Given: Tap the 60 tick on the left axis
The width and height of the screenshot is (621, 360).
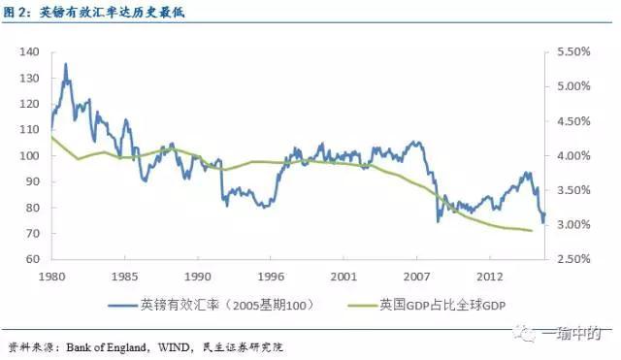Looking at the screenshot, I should (x=31, y=259).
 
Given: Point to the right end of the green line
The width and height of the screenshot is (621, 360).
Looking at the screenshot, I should (x=532, y=231).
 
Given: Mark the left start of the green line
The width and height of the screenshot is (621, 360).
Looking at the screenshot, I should (x=51, y=137).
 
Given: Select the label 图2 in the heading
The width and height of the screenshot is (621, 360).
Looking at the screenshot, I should (x=16, y=13).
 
